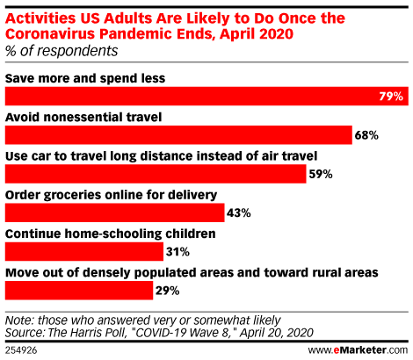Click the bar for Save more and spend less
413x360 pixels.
206,96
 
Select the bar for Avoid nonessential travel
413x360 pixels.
178,135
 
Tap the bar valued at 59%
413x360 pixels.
156,174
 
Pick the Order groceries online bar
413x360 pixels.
115,212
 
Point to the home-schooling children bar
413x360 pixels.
84,252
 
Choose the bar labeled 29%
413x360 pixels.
79,291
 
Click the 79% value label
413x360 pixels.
391,97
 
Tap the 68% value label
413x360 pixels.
366,135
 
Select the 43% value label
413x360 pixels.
239,213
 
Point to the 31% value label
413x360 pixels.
178,252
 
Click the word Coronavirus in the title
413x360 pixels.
51,34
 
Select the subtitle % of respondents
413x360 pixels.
62,51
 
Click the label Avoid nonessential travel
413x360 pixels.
83,117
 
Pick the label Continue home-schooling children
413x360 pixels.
111,234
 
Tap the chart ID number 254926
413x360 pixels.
21,350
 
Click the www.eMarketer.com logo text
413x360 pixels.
358,350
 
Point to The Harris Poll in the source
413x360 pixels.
86,333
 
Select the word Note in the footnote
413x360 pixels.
18,320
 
